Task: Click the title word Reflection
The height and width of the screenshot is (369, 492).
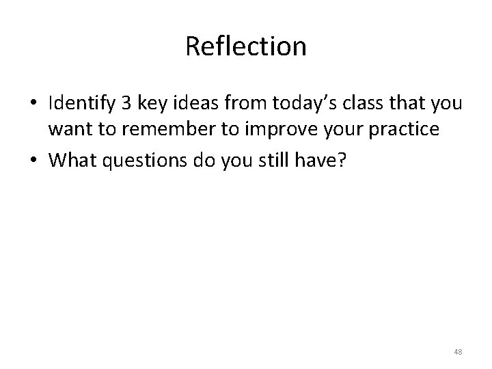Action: coord(245,46)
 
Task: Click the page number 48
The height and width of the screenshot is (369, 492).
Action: coord(457,352)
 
